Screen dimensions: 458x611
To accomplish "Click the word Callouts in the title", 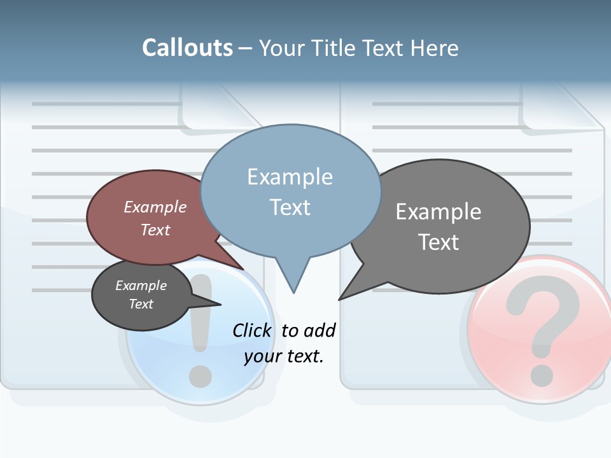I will click(187, 48).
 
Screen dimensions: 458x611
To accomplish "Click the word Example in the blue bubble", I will click(290, 177).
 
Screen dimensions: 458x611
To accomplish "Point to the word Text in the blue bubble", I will click(290, 207).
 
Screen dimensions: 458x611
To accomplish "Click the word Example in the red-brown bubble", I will click(155, 207).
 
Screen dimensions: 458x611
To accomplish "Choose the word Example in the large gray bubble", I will click(438, 212).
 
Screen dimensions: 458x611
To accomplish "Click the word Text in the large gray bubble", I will click(438, 242).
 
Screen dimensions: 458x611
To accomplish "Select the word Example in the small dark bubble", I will click(141, 286).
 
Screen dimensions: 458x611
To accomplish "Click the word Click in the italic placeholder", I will click(253, 330).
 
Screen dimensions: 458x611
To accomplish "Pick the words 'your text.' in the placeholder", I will click(284, 356).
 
